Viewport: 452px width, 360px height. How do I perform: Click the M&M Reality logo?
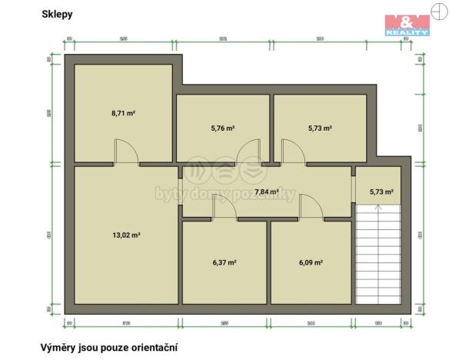point(407,25)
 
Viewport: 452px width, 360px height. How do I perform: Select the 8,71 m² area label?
point(123,113)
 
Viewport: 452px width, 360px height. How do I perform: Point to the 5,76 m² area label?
point(222,128)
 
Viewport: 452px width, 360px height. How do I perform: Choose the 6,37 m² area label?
point(224,262)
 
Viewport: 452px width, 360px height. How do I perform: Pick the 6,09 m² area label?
point(310,262)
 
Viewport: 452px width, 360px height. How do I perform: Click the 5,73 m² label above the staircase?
point(381,192)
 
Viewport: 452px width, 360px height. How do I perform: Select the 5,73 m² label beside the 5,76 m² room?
point(319,128)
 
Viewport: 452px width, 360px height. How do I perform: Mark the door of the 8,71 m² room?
point(126,152)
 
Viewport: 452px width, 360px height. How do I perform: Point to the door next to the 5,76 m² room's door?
point(294,152)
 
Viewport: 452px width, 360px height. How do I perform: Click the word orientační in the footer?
point(155,348)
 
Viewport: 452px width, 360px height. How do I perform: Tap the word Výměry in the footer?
point(58,348)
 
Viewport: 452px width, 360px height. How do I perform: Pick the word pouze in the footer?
point(110,348)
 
